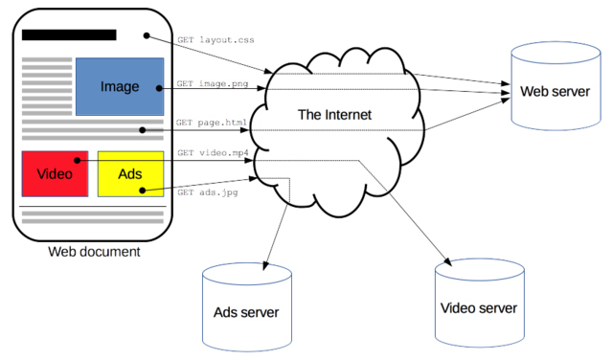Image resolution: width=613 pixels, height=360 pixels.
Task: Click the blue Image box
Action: (x=119, y=87)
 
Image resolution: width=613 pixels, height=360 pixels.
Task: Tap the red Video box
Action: (x=55, y=173)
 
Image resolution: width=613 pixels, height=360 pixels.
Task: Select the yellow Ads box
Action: (x=130, y=173)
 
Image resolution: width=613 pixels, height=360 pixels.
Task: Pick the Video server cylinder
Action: (x=478, y=305)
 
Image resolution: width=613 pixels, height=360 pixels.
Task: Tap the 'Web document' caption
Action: (x=95, y=252)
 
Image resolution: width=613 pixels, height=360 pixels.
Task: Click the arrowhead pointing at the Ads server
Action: (x=267, y=263)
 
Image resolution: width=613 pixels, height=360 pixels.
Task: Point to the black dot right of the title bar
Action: (x=146, y=36)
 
